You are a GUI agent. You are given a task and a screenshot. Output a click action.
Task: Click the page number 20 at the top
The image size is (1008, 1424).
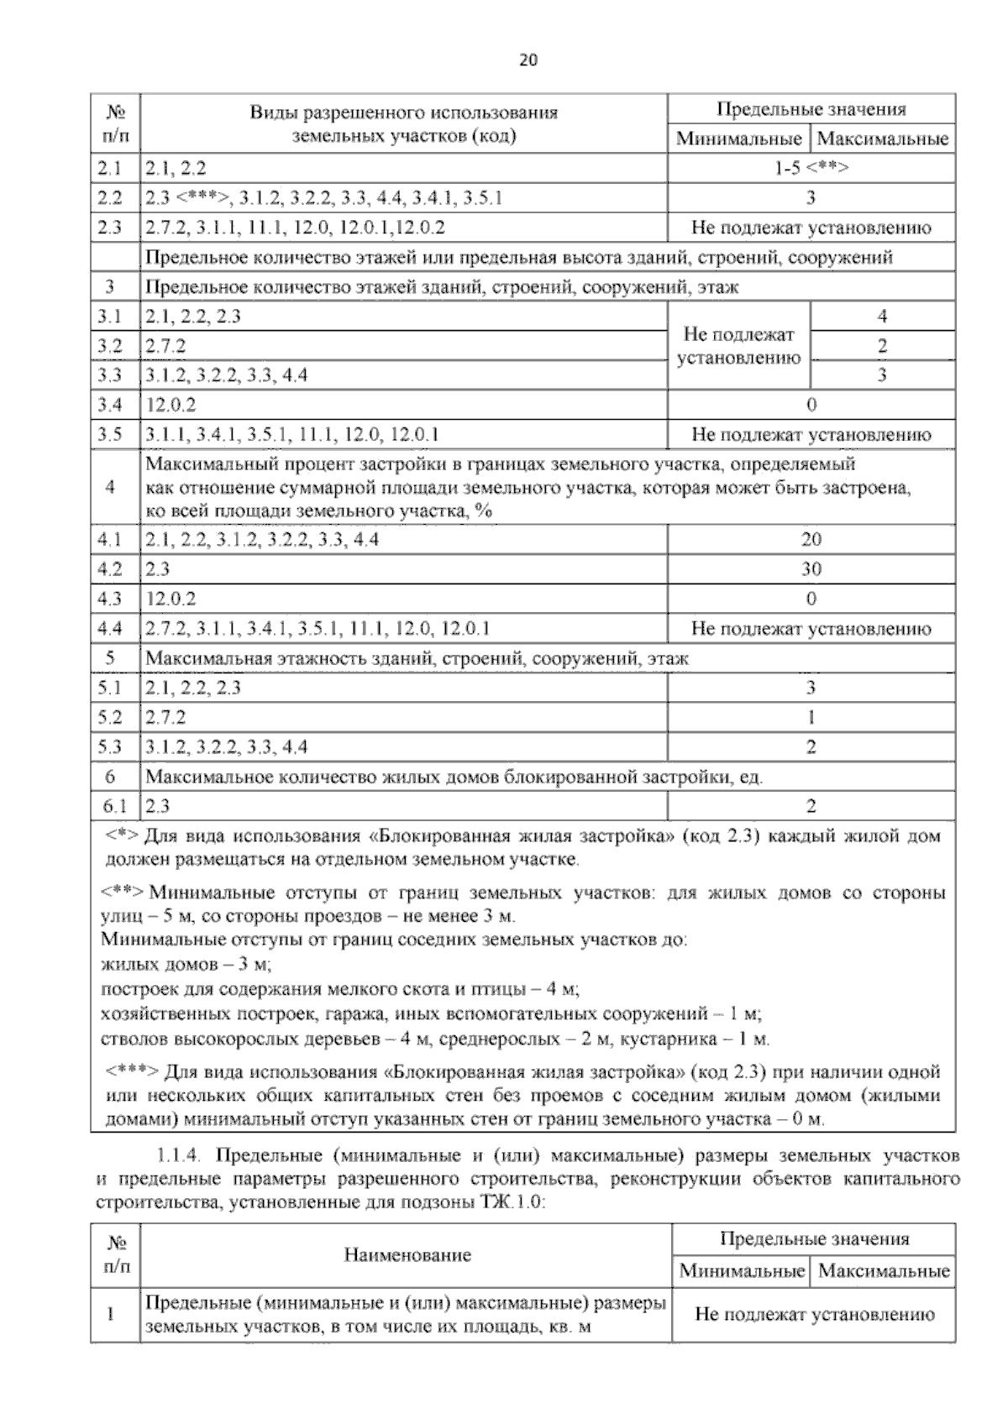click(528, 60)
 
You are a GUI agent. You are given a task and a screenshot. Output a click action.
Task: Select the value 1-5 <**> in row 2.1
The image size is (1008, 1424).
click(811, 168)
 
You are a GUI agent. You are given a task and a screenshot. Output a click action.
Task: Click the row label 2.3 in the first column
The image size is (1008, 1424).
click(109, 228)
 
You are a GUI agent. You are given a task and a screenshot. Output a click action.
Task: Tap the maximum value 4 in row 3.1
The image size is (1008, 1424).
click(882, 317)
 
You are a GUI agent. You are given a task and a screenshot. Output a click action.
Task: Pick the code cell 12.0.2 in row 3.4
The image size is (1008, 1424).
click(171, 406)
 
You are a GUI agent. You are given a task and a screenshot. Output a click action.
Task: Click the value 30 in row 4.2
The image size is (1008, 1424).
click(811, 569)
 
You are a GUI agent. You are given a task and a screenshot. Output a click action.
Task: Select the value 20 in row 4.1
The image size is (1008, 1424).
click(811, 540)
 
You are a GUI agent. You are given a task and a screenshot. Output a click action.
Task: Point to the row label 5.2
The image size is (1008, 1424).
click(109, 718)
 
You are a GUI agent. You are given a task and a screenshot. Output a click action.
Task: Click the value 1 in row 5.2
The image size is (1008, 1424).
click(811, 718)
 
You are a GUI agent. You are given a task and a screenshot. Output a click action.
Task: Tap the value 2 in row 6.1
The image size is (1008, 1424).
click(811, 807)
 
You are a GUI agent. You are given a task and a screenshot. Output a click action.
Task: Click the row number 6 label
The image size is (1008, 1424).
click(109, 777)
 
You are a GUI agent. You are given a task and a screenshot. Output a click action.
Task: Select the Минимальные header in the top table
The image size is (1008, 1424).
click(738, 139)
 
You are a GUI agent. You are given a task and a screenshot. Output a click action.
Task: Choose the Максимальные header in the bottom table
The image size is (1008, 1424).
click(884, 1270)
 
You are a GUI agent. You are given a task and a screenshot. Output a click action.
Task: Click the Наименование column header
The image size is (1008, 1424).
click(407, 1255)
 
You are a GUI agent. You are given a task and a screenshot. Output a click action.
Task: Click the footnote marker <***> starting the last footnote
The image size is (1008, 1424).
click(133, 1072)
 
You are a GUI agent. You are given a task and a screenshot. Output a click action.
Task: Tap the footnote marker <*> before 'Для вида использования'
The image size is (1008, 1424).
click(123, 837)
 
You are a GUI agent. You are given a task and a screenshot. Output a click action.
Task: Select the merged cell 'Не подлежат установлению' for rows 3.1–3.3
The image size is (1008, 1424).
click(738, 346)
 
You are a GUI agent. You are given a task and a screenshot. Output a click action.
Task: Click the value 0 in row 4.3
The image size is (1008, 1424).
click(811, 599)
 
